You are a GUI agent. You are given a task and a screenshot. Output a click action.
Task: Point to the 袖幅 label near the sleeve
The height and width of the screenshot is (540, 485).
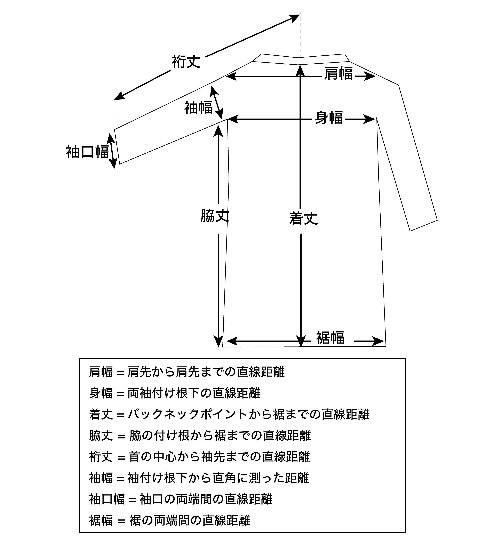(x=198, y=108)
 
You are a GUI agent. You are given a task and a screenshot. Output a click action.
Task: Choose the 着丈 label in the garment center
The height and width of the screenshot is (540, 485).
(x=303, y=218)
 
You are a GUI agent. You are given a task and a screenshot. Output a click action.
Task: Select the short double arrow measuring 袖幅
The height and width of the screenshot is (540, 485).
(x=216, y=103)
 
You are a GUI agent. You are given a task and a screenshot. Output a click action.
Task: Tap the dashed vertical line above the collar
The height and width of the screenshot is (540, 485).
(x=301, y=35)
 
